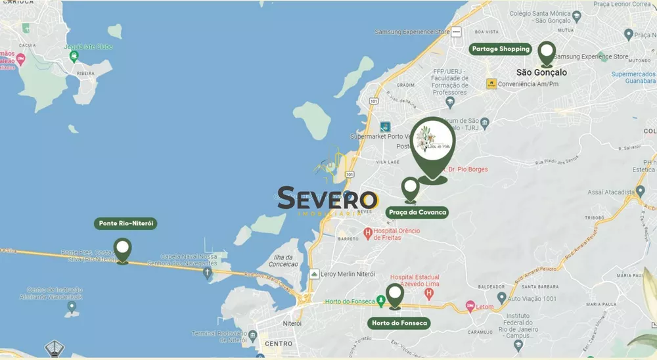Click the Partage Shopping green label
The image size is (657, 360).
[x=501, y=49]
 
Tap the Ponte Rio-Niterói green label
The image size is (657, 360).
[x=126, y=223]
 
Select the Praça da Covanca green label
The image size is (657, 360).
[x=417, y=212]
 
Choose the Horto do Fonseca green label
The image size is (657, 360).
[x=399, y=323]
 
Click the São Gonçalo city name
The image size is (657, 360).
[x=541, y=72]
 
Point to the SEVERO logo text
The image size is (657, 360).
[x=327, y=198]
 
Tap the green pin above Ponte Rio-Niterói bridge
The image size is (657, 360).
[x=122, y=248]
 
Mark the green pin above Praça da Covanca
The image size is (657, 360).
[x=411, y=189]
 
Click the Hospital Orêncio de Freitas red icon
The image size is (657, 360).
[x=368, y=233]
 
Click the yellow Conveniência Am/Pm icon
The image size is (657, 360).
[x=491, y=84]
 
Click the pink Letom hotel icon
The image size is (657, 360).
[x=470, y=307]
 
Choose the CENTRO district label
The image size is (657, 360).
[x=278, y=344]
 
